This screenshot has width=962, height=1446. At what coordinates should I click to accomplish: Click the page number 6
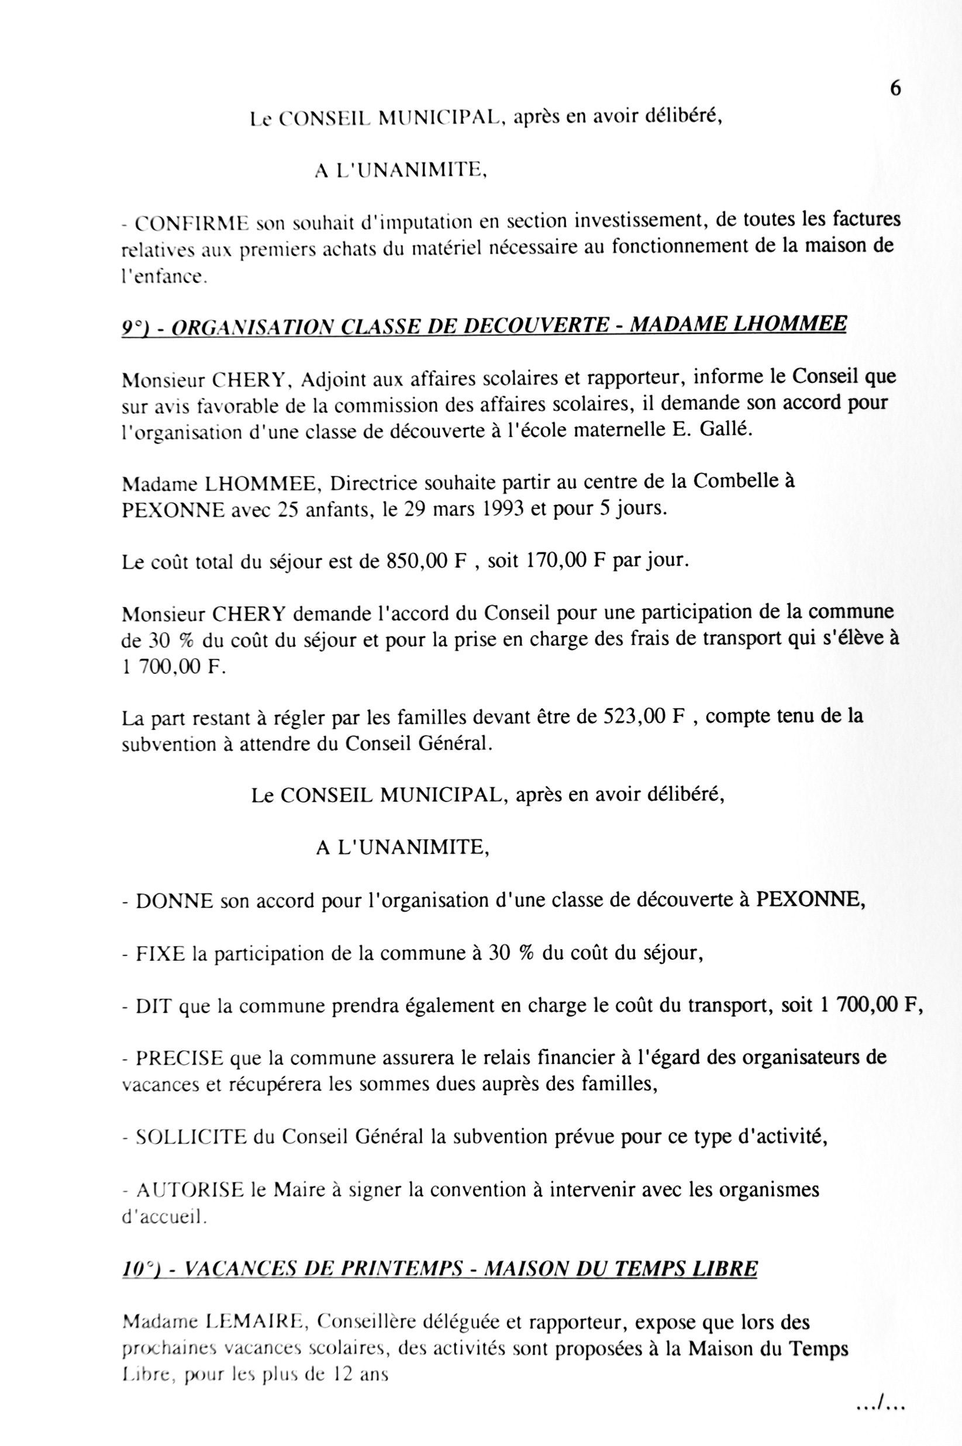tap(895, 89)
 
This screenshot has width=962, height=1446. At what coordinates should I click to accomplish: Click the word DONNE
tap(174, 901)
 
